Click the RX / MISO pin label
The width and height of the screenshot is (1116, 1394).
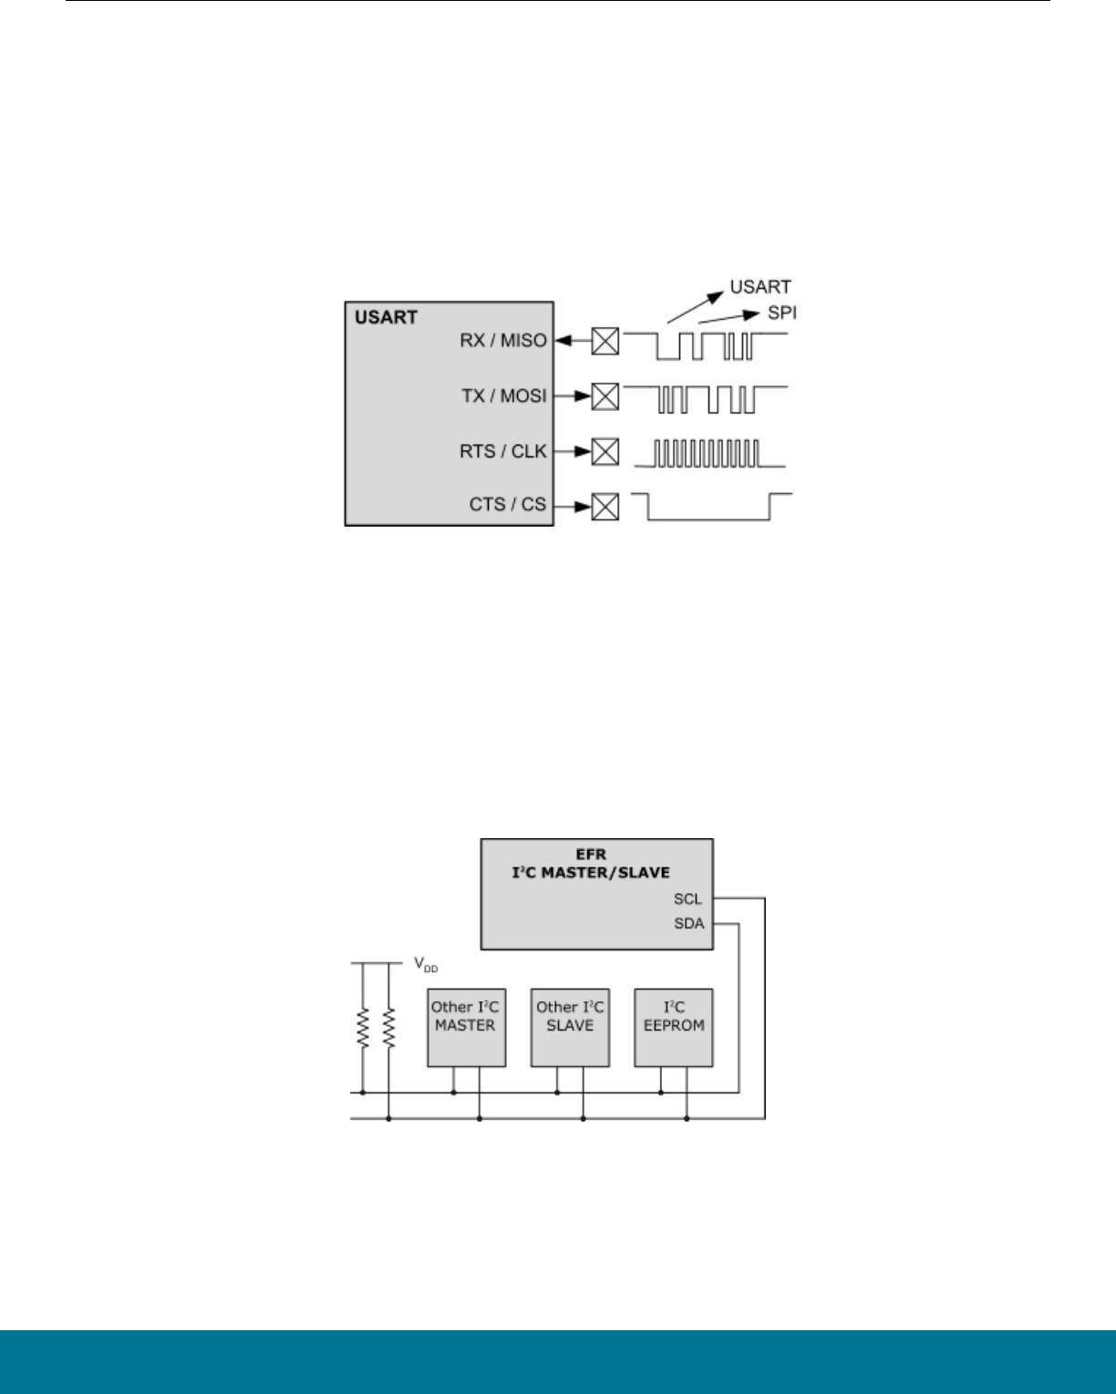pos(503,341)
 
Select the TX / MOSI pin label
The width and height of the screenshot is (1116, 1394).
pos(504,396)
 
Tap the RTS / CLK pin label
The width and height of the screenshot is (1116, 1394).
pos(503,451)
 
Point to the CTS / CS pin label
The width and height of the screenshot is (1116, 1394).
pos(508,505)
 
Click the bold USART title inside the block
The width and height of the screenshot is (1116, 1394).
pos(387,318)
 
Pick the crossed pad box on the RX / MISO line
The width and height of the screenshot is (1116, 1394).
pos(604,342)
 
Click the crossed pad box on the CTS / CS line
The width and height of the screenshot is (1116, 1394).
pos(604,506)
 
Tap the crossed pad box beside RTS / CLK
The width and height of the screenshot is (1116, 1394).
pos(604,451)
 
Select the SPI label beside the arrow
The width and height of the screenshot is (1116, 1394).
pos(781,313)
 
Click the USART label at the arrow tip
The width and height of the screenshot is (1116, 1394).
pos(760,288)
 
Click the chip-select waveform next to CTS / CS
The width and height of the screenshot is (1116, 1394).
pos(711,507)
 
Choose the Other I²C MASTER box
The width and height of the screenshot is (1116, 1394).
pos(466,1027)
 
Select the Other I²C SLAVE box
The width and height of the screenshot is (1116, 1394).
pos(570,1027)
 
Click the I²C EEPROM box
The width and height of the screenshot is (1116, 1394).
pos(674,1027)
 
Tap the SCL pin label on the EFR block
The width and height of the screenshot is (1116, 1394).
pos(687,899)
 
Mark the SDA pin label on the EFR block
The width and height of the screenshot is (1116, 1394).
pos(688,924)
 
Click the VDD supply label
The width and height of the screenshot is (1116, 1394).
pos(426,964)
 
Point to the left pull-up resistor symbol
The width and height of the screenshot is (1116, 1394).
pos(363,1027)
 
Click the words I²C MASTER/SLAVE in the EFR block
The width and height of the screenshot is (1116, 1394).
pos(597,873)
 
